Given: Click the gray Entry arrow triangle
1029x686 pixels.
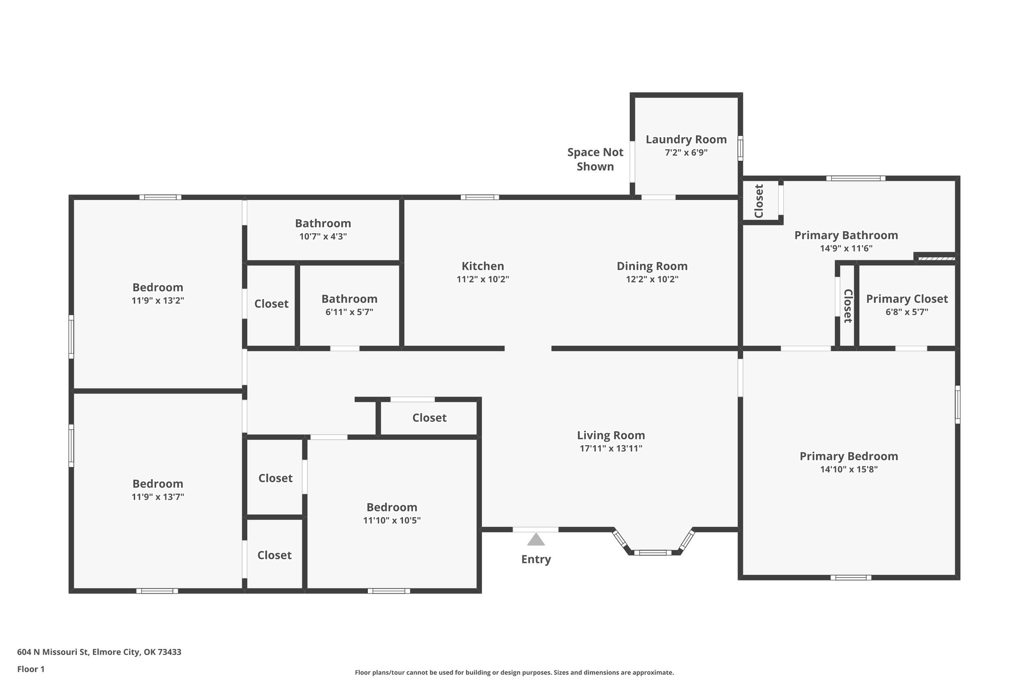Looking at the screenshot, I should (536, 540).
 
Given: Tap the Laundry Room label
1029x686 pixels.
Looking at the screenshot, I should (686, 139).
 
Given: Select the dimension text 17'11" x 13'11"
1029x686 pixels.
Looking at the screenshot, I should (611, 448).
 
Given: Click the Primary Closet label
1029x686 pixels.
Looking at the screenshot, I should (906, 299).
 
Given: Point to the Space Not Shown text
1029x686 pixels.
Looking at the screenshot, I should (595, 159).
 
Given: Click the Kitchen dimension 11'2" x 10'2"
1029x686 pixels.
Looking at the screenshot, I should (482, 279).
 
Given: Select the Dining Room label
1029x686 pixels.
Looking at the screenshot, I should (652, 266).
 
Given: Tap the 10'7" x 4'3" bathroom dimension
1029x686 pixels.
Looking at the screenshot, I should (323, 236).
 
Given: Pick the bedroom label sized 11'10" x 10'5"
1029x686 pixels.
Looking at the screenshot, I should (391, 507).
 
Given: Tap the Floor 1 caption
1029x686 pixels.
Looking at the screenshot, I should (31, 669).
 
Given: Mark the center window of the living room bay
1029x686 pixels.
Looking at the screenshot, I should (652, 552).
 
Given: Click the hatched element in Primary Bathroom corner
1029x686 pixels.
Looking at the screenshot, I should (936, 258).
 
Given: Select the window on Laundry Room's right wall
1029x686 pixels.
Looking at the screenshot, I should (740, 148).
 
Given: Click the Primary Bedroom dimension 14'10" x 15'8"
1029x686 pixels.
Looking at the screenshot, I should (849, 469).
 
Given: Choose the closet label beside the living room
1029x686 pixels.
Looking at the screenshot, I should (429, 418).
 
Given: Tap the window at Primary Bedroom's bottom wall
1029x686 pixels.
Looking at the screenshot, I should (850, 577).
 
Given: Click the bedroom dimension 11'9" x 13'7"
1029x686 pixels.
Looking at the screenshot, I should (157, 497).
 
